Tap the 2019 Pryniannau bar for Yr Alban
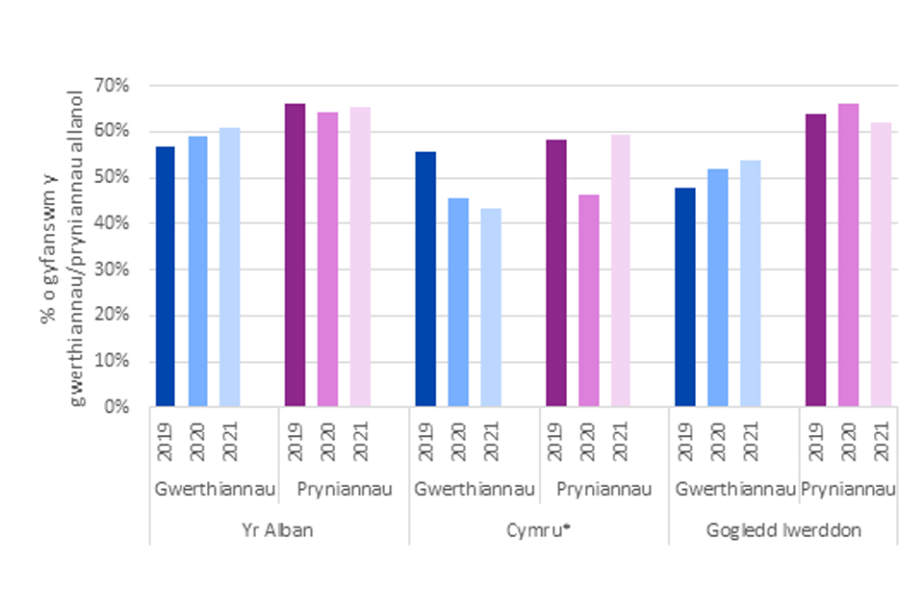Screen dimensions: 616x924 tap(295, 255)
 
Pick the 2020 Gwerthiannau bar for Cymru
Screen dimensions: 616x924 tap(458, 302)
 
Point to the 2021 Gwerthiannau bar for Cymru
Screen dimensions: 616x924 tap(491, 307)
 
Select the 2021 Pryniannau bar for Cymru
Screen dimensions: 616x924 tap(621, 270)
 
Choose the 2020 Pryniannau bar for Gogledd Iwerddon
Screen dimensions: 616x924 tap(848, 255)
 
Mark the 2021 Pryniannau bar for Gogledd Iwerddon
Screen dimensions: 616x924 tap(881, 265)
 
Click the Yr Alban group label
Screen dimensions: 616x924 tap(279, 529)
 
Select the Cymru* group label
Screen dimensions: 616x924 tap(539, 529)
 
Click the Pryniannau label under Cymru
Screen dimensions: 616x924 tap(603, 490)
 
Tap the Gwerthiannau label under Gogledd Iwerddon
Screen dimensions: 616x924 tap(734, 490)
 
